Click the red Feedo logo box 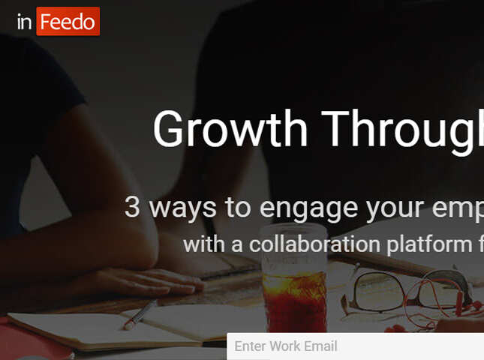pyautogui.click(x=68, y=22)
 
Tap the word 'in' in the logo pyautogui.click(x=25, y=22)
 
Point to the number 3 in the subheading pyautogui.click(x=132, y=207)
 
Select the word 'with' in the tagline pyautogui.click(x=203, y=244)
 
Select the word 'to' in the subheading pyautogui.click(x=236, y=208)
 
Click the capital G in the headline pyautogui.click(x=169, y=129)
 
